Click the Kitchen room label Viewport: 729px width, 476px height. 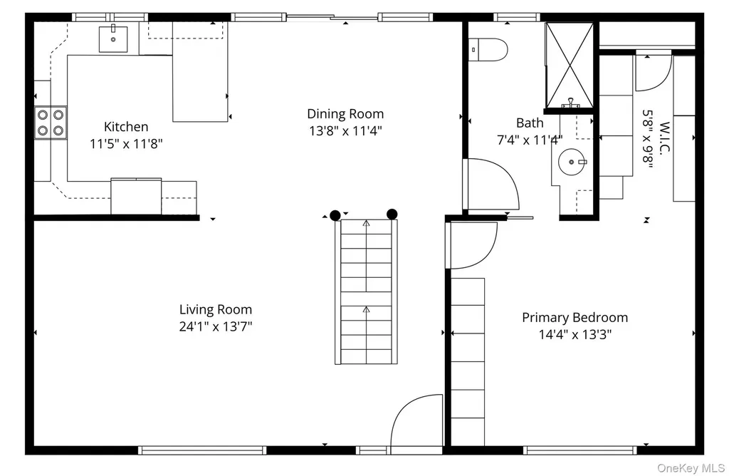pyautogui.click(x=126, y=127)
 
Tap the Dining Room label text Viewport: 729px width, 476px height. pyautogui.click(x=345, y=114)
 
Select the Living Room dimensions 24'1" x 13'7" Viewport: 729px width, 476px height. pyautogui.click(x=216, y=326)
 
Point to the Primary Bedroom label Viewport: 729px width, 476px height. pyautogui.click(x=575, y=318)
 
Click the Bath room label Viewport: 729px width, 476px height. pyautogui.click(x=530, y=123)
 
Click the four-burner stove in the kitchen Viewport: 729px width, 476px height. pyautogui.click(x=51, y=123)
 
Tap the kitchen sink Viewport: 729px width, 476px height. pyautogui.click(x=113, y=39)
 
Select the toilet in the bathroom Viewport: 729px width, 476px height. pyautogui.click(x=488, y=49)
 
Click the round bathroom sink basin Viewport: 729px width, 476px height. pyautogui.click(x=572, y=162)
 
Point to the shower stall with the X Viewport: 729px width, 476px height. pyautogui.click(x=569, y=65)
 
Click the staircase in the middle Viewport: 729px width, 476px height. pyautogui.click(x=367, y=291)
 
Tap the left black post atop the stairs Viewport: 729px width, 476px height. pyautogui.click(x=335, y=215)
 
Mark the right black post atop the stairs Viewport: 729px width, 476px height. pyautogui.click(x=392, y=214)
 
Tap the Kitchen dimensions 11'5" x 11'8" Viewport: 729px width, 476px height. pyautogui.click(x=126, y=144)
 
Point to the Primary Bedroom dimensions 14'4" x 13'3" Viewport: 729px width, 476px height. pyautogui.click(x=575, y=334)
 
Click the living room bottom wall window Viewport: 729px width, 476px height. pyautogui.click(x=202, y=450)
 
